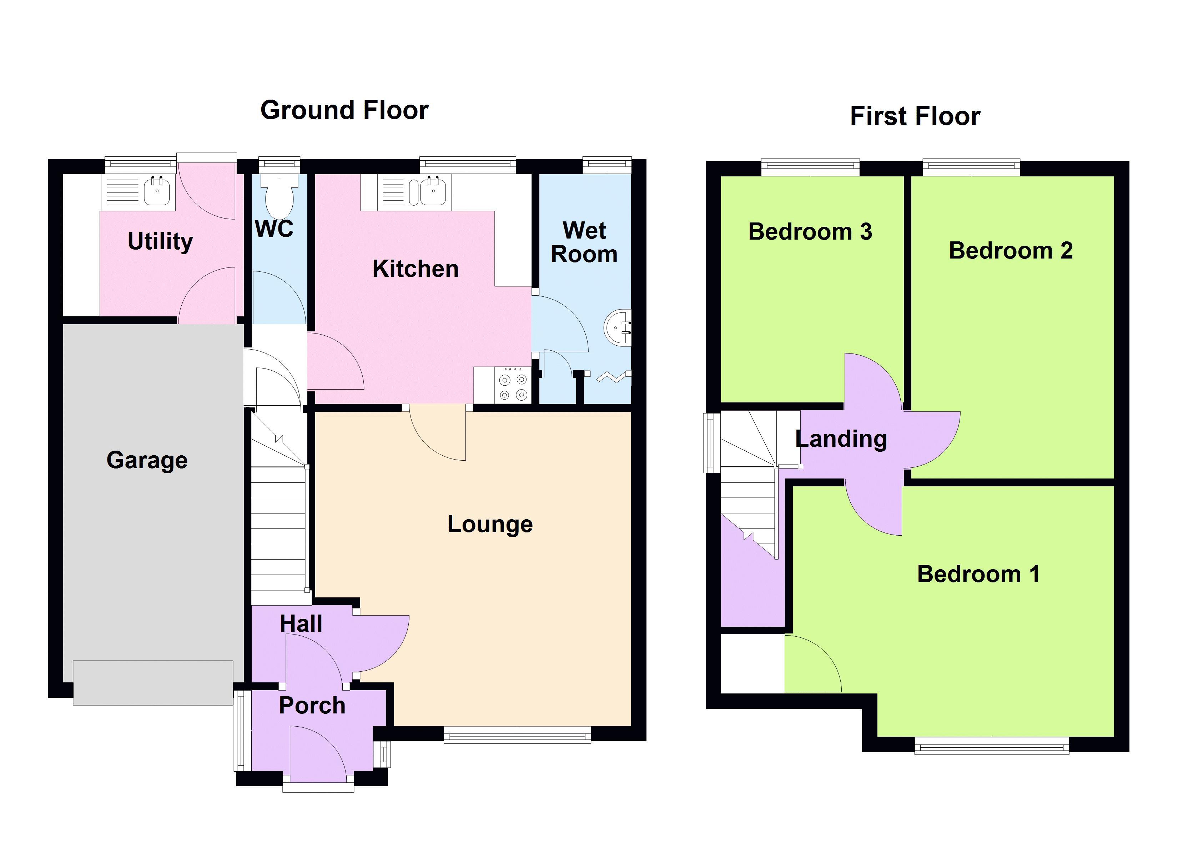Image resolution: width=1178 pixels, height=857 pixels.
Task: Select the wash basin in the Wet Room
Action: click(618, 327)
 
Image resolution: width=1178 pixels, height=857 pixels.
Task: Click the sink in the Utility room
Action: click(157, 191)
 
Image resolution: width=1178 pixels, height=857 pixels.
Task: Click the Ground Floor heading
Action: click(344, 110)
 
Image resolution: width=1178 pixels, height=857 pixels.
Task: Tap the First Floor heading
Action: click(915, 116)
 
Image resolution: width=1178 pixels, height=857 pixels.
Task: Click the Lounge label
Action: click(490, 524)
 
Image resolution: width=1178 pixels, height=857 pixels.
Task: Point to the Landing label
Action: click(841, 438)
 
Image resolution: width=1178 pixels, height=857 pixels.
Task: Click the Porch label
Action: click(312, 705)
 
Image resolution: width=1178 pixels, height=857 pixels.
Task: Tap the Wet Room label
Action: click(584, 242)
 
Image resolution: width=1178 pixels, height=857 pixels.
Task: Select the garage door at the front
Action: click(153, 683)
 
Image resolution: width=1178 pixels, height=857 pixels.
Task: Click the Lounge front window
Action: click(517, 735)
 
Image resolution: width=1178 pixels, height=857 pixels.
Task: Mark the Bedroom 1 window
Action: click(992, 745)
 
